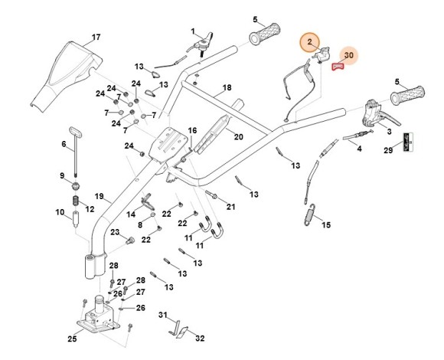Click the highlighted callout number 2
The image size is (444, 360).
[310, 41]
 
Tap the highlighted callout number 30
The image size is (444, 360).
[348, 56]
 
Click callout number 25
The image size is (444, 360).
[72, 338]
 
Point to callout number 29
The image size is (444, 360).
[387, 151]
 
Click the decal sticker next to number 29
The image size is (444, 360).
[410, 142]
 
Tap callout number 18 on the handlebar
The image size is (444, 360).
[227, 89]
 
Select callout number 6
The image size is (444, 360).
[64, 143]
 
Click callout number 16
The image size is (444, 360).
[192, 131]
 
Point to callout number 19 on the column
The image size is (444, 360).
[99, 196]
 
